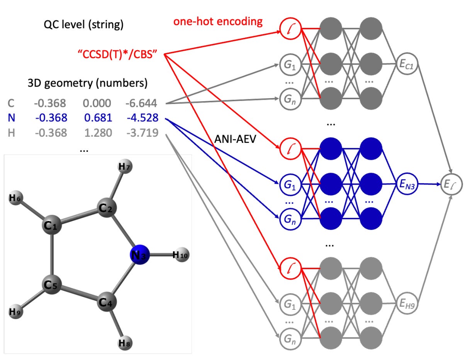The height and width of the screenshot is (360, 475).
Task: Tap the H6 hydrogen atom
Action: [x=16, y=199]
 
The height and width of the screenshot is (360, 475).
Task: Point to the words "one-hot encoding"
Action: [x=218, y=22]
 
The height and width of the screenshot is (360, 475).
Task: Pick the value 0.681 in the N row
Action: [x=97, y=118]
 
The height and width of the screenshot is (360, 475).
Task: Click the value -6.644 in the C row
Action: [x=141, y=103]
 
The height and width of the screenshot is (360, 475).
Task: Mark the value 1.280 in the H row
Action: [x=97, y=133]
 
